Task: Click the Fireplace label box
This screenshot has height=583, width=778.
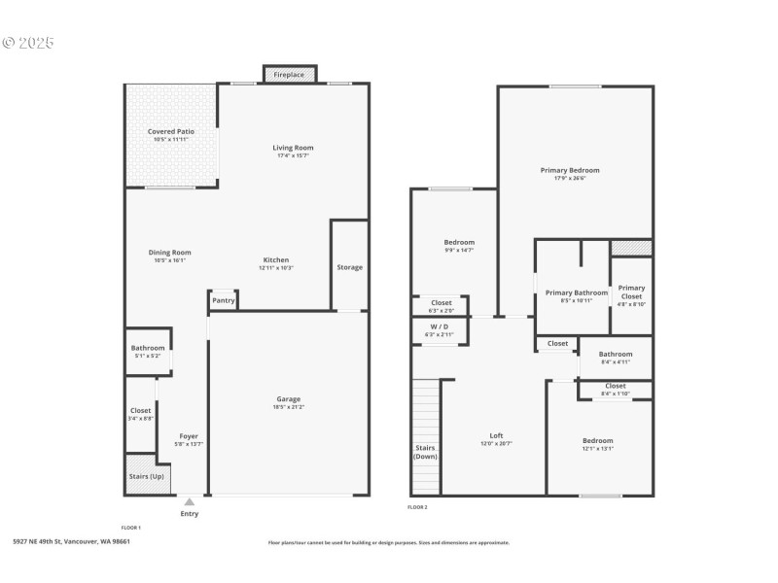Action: [x=289, y=75]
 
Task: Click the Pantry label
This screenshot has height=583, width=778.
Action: [x=224, y=301]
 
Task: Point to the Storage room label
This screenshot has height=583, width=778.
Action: [x=349, y=267]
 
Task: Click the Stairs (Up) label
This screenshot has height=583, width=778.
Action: [x=147, y=476]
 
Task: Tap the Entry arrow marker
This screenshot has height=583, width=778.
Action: [x=189, y=502]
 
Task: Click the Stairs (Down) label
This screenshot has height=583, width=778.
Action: [x=426, y=452]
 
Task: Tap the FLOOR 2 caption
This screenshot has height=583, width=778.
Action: [x=417, y=507]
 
